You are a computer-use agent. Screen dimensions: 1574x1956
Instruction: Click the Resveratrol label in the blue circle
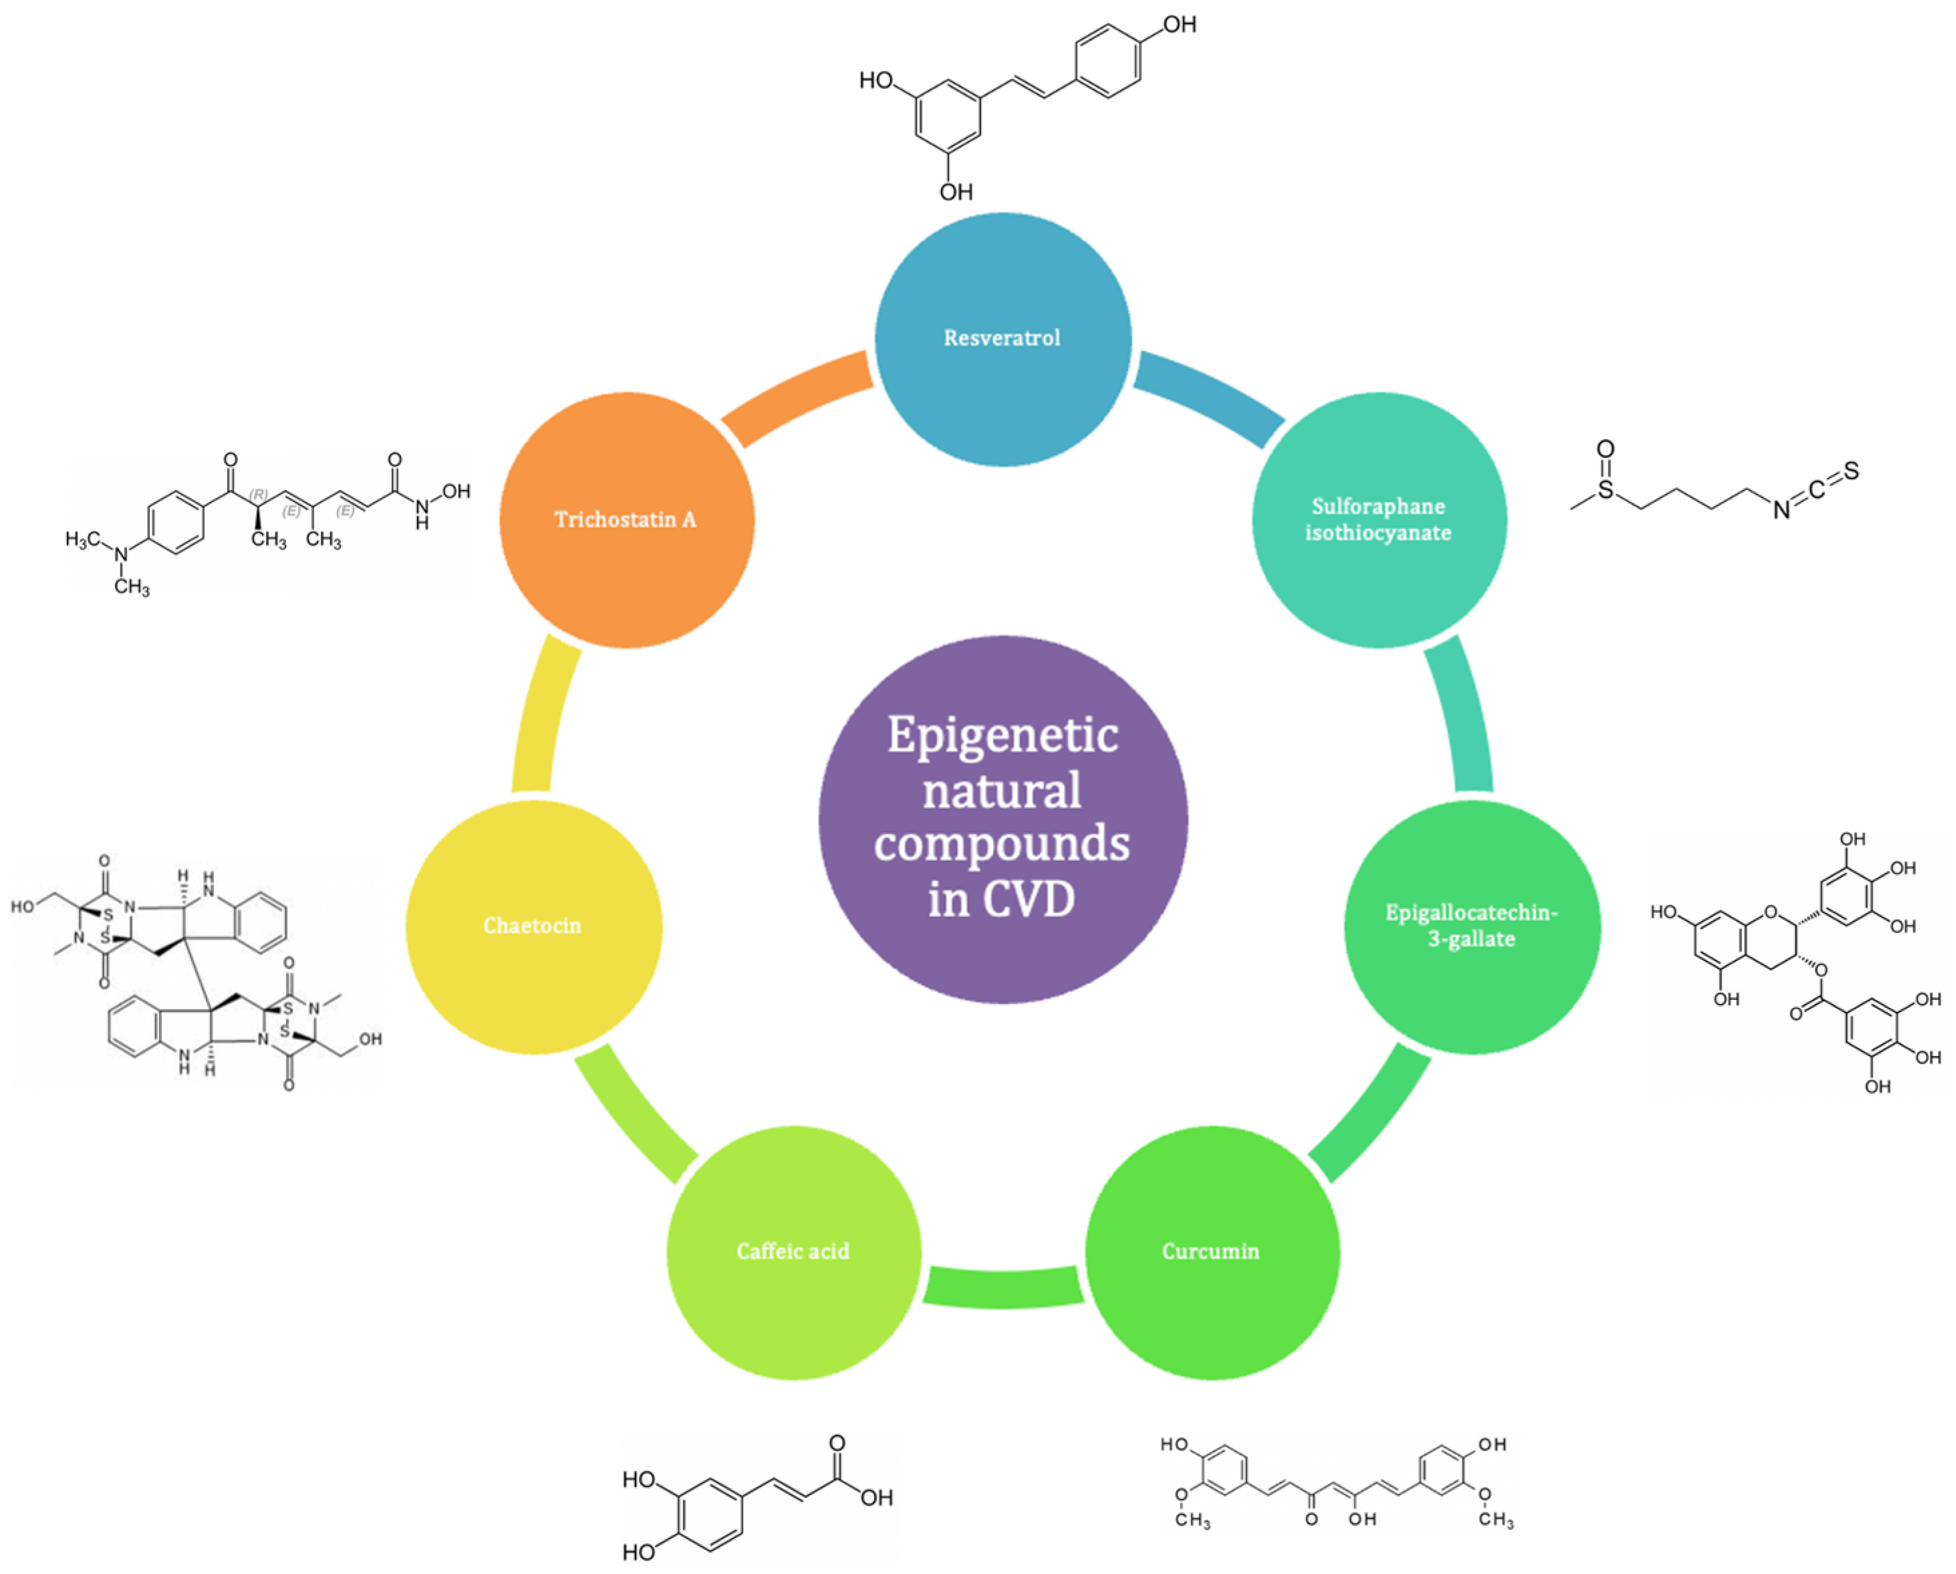click(x=1002, y=338)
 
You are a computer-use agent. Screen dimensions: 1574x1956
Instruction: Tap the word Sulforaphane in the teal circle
click(x=1377, y=506)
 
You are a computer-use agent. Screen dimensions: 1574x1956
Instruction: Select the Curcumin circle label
click(x=1210, y=1252)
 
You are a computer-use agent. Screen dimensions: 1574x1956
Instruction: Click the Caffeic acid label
click(x=793, y=1252)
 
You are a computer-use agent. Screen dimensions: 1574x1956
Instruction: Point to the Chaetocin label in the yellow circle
click(x=532, y=926)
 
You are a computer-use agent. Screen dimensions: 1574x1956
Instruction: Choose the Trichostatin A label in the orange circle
click(x=625, y=520)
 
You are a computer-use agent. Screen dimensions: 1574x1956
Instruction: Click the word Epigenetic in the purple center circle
click(x=1002, y=735)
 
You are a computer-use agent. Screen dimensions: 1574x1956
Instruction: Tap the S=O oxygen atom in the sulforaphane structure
click(x=1605, y=449)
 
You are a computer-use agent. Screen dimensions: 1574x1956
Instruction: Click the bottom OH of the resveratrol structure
click(x=956, y=191)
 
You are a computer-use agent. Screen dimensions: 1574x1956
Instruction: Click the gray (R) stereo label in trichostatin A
click(x=259, y=495)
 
